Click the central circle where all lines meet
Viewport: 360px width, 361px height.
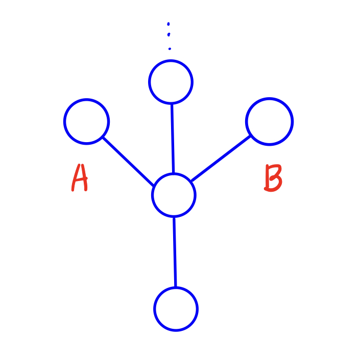tap(174, 195)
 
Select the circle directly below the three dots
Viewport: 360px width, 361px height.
tap(171, 82)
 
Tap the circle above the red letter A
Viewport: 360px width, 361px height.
tap(86, 122)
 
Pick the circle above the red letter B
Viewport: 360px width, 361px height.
tap(269, 122)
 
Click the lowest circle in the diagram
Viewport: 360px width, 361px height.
tap(176, 309)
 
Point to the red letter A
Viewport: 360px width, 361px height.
tap(80, 178)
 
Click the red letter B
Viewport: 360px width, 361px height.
tap(273, 178)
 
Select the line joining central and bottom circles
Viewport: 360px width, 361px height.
tap(175, 252)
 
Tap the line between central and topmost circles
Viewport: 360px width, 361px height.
tap(173, 138)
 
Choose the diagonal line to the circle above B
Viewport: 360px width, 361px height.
tap(220, 158)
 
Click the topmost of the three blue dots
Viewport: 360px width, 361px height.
tap(168, 24)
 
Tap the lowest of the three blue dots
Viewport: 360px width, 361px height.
tap(170, 49)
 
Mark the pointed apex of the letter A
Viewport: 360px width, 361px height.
tap(79, 166)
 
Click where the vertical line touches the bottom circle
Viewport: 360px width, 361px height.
tap(175, 287)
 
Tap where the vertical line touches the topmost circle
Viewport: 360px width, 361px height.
tap(172, 103)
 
